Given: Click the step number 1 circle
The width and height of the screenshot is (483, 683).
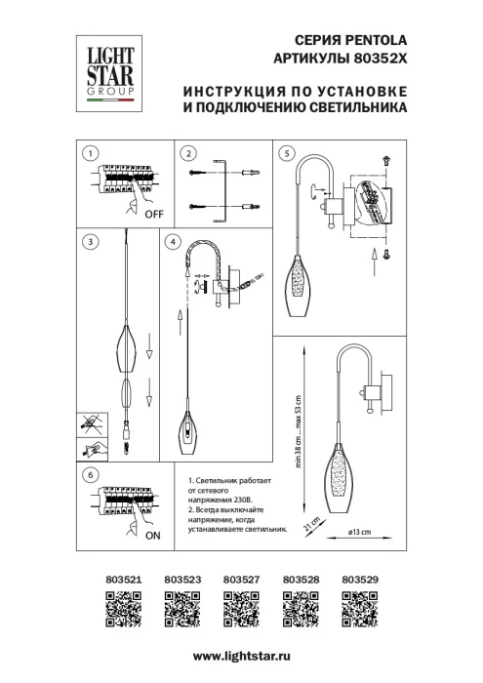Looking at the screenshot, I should [90, 153].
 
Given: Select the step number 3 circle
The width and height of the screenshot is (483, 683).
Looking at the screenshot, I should [90, 241].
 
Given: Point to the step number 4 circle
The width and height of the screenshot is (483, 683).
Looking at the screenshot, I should [173, 241].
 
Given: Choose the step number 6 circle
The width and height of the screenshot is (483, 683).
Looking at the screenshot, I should [90, 475].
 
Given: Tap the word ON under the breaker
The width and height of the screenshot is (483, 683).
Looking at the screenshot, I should [152, 536].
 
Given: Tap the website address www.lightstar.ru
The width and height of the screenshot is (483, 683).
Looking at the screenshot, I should [241, 661].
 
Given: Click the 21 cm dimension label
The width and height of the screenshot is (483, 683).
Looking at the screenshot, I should [309, 527].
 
